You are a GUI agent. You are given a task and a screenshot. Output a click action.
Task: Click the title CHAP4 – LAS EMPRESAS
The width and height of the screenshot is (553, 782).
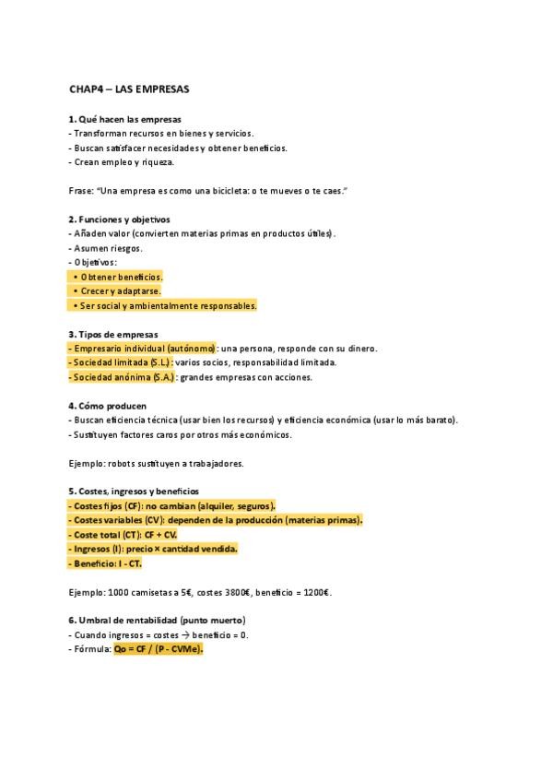pyautogui.click(x=129, y=89)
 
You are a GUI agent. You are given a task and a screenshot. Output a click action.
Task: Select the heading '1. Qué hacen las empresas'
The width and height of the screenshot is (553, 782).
pyautogui.click(x=124, y=119)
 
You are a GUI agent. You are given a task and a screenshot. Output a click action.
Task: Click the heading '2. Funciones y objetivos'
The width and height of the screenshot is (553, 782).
pyautogui.click(x=119, y=219)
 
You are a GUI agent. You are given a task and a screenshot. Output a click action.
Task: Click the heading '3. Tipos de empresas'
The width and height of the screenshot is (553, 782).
pyautogui.click(x=112, y=334)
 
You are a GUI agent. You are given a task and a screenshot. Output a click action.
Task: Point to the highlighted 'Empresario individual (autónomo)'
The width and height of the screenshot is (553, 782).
pyautogui.click(x=143, y=349)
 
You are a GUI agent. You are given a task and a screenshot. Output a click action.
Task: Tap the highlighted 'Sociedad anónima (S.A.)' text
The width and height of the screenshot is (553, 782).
pyautogui.click(x=122, y=377)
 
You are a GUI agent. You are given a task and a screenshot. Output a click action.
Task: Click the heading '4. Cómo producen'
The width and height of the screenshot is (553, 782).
pyautogui.click(x=107, y=406)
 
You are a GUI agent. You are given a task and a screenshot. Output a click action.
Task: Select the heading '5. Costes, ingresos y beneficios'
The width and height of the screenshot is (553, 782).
pyautogui.click(x=133, y=492)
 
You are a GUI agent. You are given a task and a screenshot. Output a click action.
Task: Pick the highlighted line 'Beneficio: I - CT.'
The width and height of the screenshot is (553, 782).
pyautogui.click(x=105, y=563)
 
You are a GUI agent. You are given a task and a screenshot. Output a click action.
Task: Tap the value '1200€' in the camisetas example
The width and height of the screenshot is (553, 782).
pyautogui.click(x=314, y=592)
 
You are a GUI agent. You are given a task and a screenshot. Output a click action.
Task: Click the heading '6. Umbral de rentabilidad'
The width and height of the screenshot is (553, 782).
pyautogui.click(x=157, y=621)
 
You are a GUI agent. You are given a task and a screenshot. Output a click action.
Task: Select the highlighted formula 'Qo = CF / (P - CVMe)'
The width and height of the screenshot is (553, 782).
pyautogui.click(x=158, y=649)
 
